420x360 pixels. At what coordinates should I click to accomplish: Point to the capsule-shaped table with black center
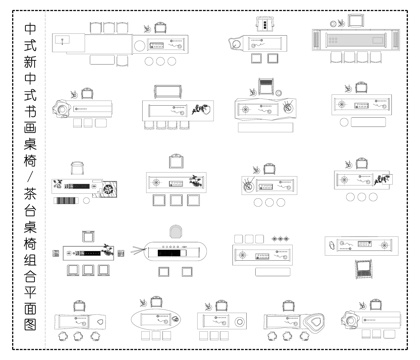coord(176,252)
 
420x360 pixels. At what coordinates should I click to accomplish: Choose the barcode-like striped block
coord(65,202)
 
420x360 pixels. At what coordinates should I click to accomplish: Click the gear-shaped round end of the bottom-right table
coord(351,320)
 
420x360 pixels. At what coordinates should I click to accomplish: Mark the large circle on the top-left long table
coord(140,44)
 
